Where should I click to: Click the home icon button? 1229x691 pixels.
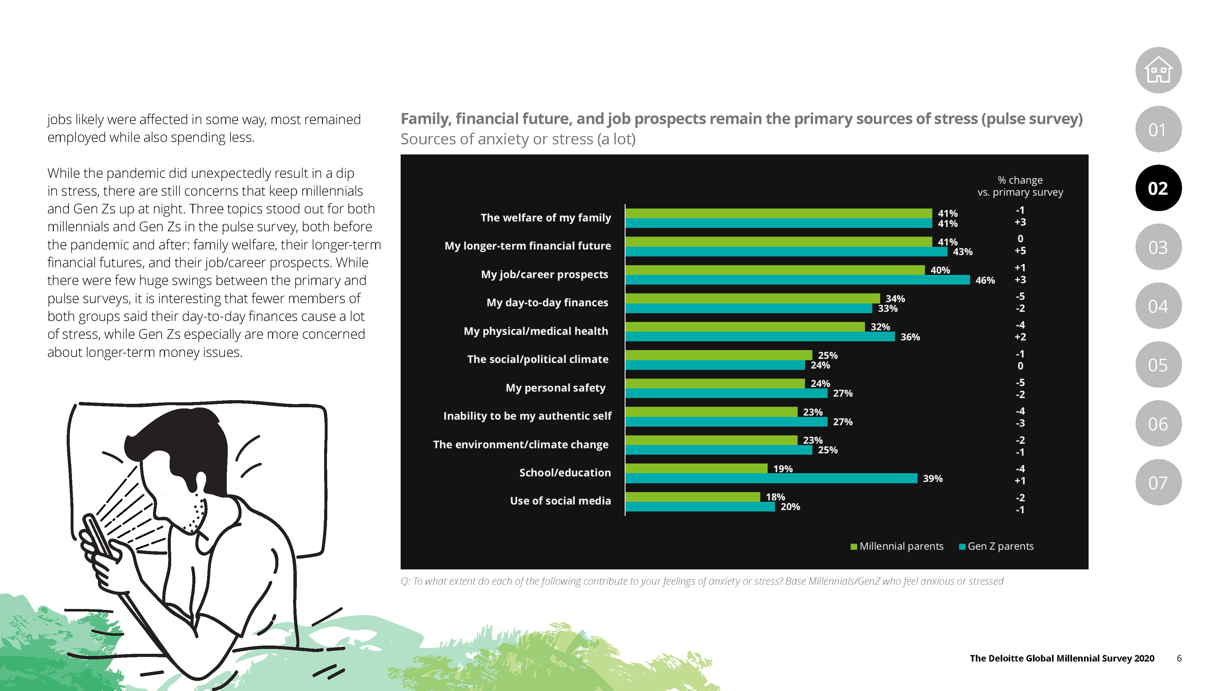1158,70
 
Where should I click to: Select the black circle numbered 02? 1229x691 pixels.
1158,188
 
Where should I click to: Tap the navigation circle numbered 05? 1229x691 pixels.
1158,365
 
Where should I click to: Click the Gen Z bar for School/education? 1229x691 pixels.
770,478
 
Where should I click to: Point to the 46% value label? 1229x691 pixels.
985,281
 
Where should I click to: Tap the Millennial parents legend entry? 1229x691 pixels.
896,546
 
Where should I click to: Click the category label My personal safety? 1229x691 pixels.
555,388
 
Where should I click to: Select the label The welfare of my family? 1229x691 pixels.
545,218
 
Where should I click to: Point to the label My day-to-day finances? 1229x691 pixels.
547,302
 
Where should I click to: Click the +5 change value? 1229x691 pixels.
1020,251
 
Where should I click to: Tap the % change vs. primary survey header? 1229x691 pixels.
1020,186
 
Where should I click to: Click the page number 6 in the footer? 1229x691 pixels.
1179,658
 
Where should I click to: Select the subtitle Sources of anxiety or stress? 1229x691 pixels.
518,139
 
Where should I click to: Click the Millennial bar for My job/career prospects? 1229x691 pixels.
775,270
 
